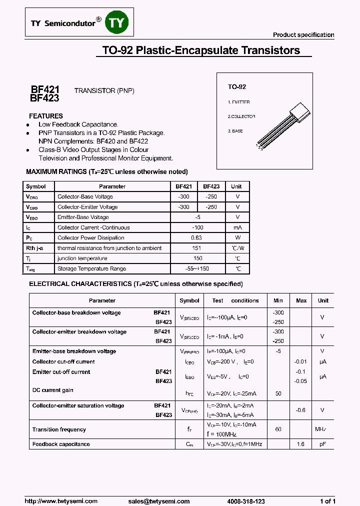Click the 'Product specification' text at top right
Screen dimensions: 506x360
coord(303,35)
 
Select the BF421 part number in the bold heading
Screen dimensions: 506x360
coord(45,89)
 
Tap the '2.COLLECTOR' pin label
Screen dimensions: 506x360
coord(241,116)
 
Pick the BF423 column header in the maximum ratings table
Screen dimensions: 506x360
coord(211,186)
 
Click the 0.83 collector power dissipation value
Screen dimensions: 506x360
coord(196,238)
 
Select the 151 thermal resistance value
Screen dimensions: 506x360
coord(196,248)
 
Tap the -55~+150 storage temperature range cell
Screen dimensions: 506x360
coord(196,269)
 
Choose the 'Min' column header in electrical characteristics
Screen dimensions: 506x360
coord(278,300)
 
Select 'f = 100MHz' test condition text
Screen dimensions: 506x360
coord(221,434)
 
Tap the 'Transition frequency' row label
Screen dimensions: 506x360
coord(59,429)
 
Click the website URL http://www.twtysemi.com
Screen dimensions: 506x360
coord(61,501)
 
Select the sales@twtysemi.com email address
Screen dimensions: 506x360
coord(158,501)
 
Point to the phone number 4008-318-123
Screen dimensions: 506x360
coord(245,501)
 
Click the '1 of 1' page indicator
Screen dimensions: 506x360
coord(327,501)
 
